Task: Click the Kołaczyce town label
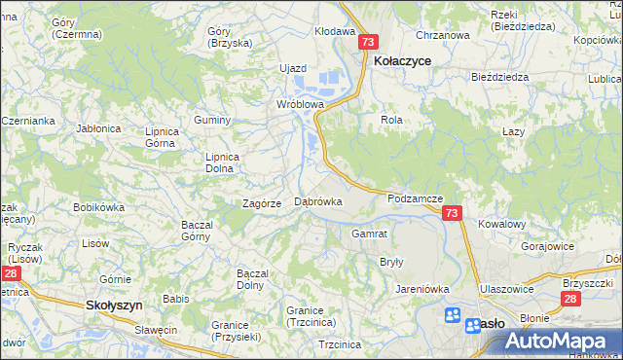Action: [402, 59]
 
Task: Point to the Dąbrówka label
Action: [318, 201]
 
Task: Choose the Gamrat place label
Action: [370, 234]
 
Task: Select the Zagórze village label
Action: [262, 203]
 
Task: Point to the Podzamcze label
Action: [416, 198]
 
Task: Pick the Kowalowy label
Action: [502, 224]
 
